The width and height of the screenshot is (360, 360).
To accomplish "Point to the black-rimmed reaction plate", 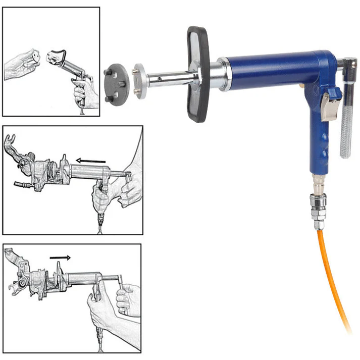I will pos(195,75).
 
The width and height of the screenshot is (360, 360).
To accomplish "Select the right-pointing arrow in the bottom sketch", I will pos(60,257).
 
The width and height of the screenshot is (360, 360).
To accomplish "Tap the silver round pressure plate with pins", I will pos(143,80).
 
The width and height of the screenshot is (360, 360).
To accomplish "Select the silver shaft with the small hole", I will pos(169,78).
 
